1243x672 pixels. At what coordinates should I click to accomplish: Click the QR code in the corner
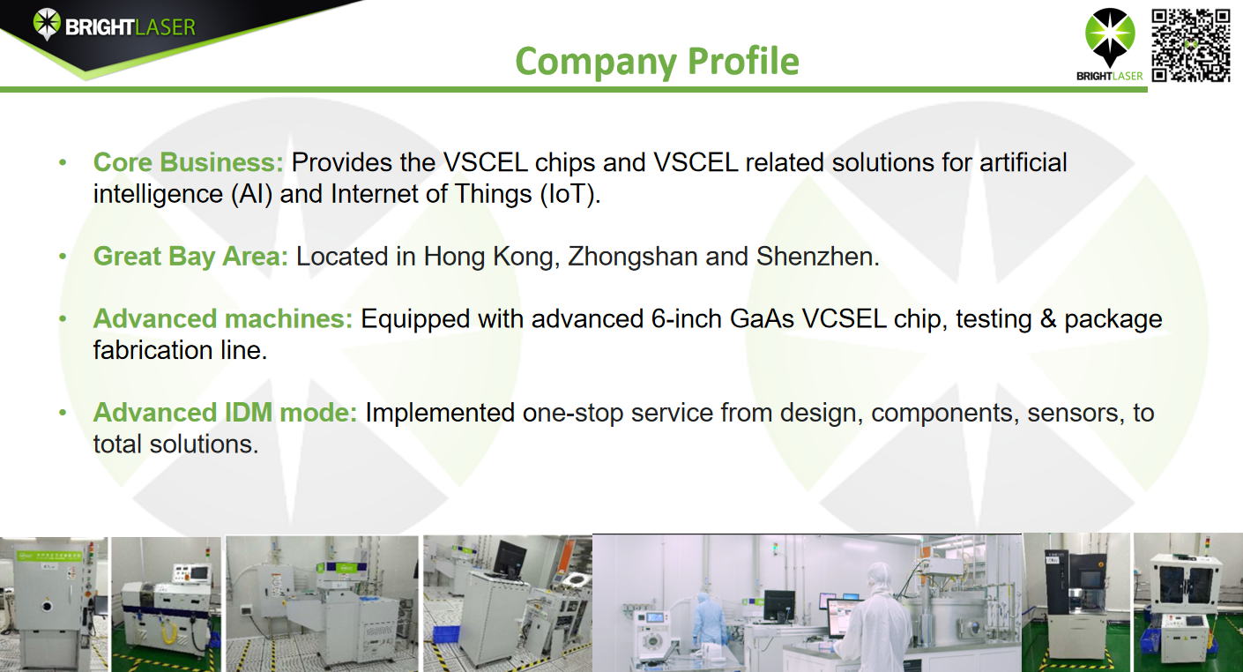click(1191, 46)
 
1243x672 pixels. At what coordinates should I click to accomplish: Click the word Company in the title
click(596, 62)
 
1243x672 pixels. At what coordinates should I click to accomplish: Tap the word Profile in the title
click(743, 60)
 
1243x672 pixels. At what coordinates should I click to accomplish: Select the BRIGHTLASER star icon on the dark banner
click(47, 24)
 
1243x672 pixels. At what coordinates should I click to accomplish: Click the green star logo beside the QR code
click(1110, 37)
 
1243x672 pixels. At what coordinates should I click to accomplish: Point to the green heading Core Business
click(188, 162)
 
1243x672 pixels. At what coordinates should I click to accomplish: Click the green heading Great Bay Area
click(190, 257)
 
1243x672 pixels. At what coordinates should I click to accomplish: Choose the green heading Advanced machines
click(222, 318)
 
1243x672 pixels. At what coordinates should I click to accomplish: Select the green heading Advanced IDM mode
click(225, 413)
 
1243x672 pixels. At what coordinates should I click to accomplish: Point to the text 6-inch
click(687, 319)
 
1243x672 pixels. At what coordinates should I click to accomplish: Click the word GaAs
click(762, 319)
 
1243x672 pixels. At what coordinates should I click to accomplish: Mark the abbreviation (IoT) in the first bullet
click(570, 194)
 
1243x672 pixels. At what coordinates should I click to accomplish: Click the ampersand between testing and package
click(1048, 319)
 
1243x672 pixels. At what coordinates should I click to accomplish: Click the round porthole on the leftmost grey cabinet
click(48, 605)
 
